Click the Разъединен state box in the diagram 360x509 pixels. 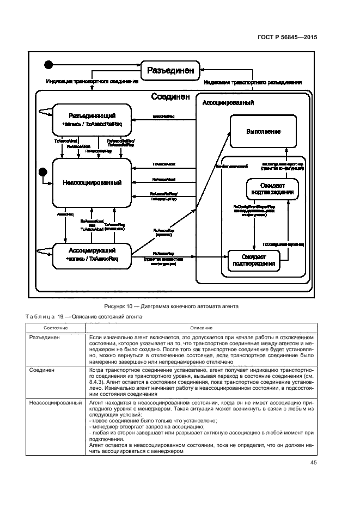coord(169,70)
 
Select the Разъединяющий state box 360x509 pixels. coord(91,120)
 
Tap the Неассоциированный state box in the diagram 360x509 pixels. coord(91,182)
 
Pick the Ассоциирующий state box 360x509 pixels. coord(91,255)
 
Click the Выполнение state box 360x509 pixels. coord(263,131)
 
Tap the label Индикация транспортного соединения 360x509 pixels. coord(92,82)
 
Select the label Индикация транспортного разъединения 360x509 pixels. coord(253,83)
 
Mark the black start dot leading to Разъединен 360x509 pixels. coord(48,65)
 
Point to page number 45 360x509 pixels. coord(313,463)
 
